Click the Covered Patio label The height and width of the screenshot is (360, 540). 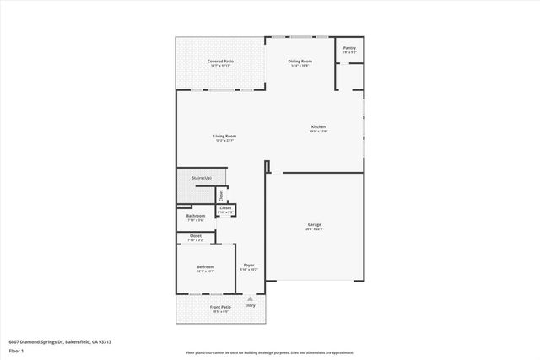coord(221,62)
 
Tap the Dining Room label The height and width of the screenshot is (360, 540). coord(301,62)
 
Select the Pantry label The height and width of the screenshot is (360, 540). coord(349,48)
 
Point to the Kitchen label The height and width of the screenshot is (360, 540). coord(318,127)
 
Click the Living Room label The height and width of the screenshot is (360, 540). coord(224,136)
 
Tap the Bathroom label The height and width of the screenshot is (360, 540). coord(195,216)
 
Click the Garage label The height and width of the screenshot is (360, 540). coord(314,225)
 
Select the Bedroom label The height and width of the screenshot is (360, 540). coord(205,267)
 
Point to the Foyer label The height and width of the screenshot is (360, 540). coord(250,266)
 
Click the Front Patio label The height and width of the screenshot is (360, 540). coord(221,307)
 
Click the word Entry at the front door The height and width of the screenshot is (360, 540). coord(250,304)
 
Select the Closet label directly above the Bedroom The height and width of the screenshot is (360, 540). coord(195,236)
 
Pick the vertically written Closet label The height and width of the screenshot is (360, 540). coord(221,195)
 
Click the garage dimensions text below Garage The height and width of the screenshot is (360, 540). coord(314,229)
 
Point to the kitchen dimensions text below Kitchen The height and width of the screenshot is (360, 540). coord(318,132)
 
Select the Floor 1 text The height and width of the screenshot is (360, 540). coord(17,350)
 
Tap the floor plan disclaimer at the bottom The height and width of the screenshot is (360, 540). coord(270,353)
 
